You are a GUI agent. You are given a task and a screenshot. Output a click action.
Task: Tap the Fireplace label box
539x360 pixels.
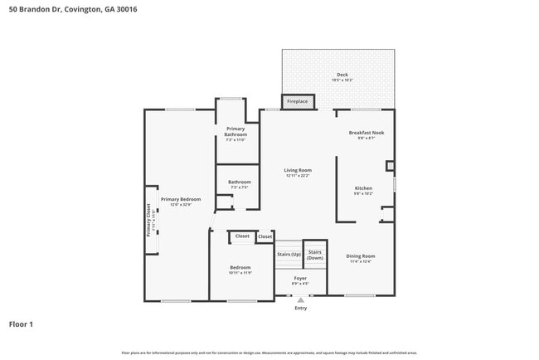point(297,102)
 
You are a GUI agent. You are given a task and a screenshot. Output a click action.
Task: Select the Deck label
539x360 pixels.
point(342,75)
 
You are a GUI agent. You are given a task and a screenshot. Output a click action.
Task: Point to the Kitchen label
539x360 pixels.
point(363,188)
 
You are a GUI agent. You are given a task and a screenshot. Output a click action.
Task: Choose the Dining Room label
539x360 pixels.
point(361,255)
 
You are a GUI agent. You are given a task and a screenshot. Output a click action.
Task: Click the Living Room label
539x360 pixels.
point(298,170)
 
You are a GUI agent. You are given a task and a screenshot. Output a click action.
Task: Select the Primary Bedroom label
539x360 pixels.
point(181,199)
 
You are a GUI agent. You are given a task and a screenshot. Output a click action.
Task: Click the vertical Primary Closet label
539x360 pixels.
point(149,221)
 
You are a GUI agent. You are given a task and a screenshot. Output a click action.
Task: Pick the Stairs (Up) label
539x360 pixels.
point(289,254)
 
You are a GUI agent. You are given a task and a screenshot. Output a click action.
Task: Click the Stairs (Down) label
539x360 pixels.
point(315,255)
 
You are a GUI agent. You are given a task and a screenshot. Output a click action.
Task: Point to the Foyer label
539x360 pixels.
point(300,278)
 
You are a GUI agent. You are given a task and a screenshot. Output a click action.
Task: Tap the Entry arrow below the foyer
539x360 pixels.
point(300,300)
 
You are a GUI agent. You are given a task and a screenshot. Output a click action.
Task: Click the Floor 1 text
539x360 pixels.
point(21,324)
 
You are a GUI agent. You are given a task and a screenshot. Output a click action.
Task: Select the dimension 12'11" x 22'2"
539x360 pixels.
point(298,176)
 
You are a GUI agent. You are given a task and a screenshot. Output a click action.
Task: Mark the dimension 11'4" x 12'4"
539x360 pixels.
point(361,261)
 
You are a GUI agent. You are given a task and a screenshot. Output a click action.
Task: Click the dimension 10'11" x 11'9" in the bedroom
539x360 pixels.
point(240,272)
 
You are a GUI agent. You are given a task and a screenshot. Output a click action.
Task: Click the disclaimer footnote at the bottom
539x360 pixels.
point(269,353)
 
